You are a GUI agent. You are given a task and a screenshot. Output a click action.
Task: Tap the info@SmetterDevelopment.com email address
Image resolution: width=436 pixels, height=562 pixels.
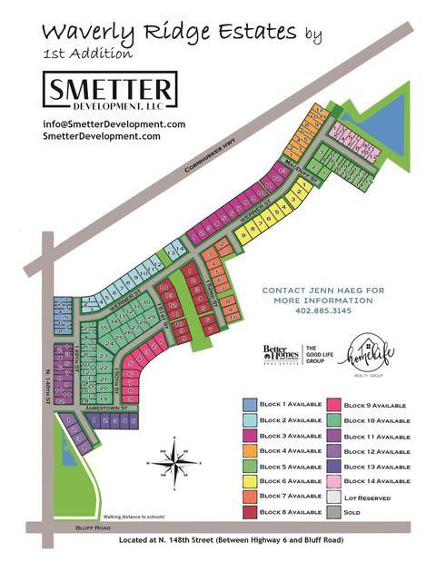(114, 124)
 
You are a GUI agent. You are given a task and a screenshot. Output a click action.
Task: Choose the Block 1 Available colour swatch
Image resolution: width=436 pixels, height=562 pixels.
(249, 405)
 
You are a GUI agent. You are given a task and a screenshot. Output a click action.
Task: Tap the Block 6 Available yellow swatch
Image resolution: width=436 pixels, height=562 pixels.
(249, 482)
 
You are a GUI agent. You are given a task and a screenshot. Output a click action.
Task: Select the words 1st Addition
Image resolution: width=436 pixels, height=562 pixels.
(87, 54)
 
